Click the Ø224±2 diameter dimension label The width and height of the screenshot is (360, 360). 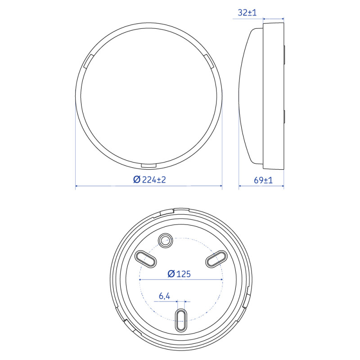[x=149, y=179]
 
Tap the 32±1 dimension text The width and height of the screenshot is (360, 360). [x=247, y=13]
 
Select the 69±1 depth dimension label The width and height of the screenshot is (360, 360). [x=263, y=180]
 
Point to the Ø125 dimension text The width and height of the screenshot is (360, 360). [x=179, y=274]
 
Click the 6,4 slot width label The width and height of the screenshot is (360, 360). [x=164, y=296]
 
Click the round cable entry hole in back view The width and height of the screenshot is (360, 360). [x=165, y=241]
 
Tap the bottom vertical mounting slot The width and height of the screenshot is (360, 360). [x=181, y=320]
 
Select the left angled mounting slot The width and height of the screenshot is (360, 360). [x=145, y=259]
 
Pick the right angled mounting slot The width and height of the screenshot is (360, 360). [x=216, y=259]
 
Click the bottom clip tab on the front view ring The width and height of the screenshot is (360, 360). [x=149, y=166]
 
